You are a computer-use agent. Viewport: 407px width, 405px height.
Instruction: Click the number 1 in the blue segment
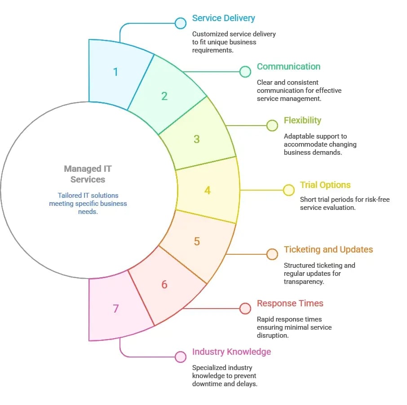[115, 72]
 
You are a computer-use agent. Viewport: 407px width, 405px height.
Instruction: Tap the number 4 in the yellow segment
[208, 190]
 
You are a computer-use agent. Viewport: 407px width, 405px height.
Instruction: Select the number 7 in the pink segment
[116, 309]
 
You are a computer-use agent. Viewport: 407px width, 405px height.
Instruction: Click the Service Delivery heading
[223, 18]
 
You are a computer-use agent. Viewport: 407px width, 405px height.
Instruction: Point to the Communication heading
[288, 67]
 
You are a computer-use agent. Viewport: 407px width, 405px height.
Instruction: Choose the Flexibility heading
[302, 121]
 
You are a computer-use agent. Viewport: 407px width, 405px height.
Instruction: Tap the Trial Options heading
[325, 185]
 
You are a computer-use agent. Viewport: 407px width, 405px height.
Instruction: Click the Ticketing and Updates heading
[328, 250]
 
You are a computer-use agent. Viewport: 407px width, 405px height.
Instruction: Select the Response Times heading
[290, 304]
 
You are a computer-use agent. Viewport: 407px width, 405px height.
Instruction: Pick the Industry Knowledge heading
[231, 352]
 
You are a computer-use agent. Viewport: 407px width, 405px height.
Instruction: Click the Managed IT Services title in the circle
[88, 174]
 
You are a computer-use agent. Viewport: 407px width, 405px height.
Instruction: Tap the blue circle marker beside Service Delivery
[181, 23]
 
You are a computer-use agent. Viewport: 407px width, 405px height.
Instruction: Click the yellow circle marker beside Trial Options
[288, 190]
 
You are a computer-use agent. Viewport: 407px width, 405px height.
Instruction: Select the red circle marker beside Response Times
[245, 309]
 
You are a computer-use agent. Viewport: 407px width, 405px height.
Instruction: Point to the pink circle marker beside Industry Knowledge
[181, 357]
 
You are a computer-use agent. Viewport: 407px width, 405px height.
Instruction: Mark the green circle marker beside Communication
[245, 72]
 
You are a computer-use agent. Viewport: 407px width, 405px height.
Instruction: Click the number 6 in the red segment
[164, 284]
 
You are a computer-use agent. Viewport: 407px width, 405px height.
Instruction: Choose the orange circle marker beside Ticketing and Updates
[272, 255]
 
